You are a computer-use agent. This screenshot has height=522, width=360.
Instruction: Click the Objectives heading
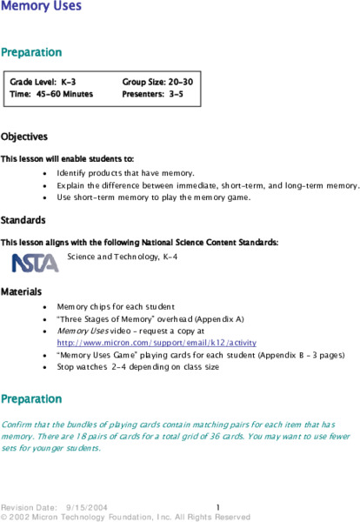[x=24, y=137]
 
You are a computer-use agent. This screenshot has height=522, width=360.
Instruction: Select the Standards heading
[x=23, y=219]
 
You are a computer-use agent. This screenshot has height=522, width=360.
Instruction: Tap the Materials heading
[x=23, y=290]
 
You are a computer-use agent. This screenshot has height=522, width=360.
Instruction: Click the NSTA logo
[x=35, y=262]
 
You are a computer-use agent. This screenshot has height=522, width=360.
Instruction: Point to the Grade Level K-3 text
[x=43, y=81]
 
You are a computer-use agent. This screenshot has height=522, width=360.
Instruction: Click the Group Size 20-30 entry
[x=157, y=81]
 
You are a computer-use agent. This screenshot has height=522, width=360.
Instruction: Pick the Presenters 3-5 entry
[x=152, y=93]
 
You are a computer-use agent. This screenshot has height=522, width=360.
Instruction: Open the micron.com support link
[x=143, y=343]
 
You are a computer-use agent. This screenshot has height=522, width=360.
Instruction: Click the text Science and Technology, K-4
[x=122, y=258]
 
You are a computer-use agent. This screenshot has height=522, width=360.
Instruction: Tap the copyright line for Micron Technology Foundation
[x=126, y=516]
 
